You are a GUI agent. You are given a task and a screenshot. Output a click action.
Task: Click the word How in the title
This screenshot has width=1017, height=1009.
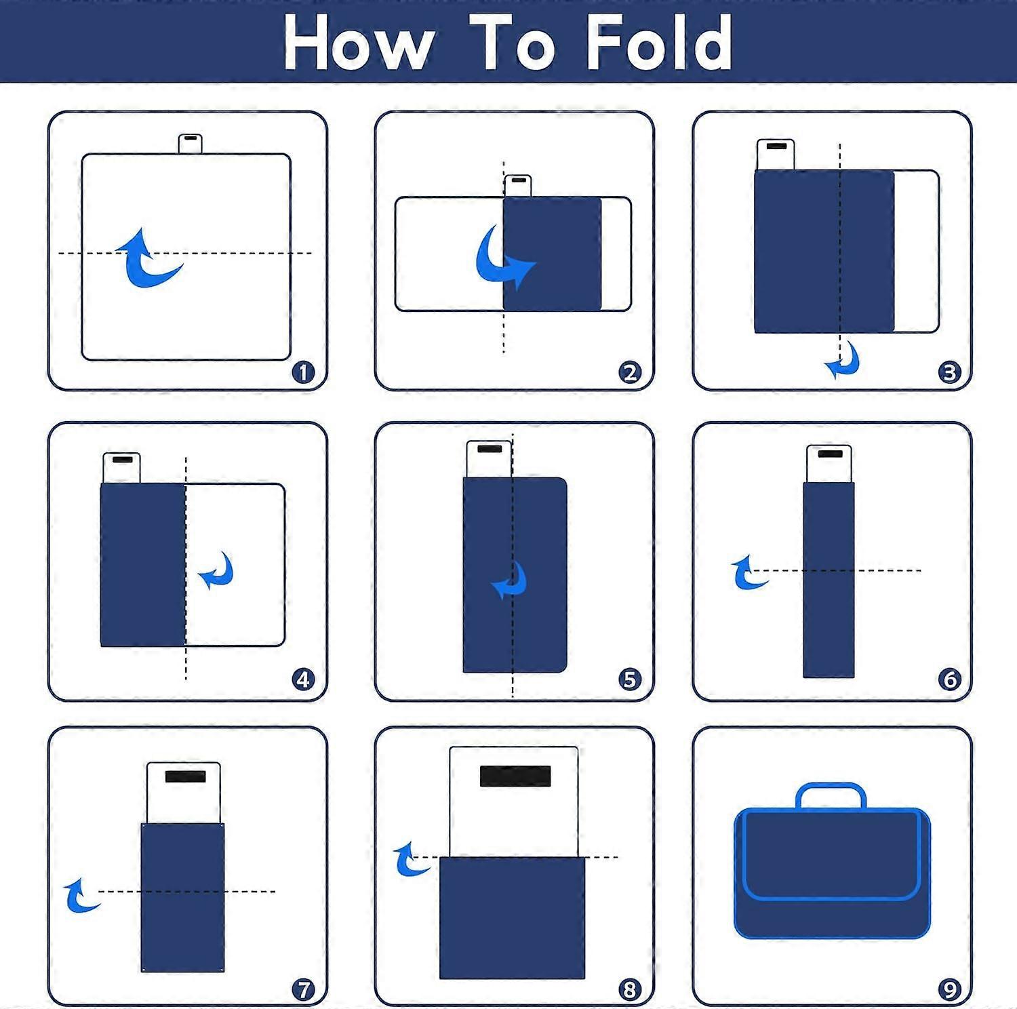coord(359,43)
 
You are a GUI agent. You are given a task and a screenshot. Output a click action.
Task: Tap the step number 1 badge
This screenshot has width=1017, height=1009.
coord(303,372)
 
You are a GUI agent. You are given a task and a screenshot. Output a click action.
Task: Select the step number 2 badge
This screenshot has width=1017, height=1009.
coord(630,372)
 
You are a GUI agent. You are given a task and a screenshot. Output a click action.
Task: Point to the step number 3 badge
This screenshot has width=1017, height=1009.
coord(949,372)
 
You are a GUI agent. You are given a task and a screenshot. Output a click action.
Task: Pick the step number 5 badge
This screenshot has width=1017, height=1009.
coord(630,679)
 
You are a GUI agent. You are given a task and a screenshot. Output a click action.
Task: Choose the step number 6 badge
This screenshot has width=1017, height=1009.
coord(949,679)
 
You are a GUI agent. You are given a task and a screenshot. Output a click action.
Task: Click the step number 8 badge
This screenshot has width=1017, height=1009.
coord(630,989)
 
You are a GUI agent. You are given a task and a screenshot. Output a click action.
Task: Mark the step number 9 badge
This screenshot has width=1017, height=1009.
coord(949,989)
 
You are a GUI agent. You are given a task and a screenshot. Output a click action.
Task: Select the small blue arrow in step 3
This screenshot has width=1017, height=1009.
coord(845,362)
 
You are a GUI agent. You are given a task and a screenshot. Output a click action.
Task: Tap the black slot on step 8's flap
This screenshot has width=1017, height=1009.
coord(515,776)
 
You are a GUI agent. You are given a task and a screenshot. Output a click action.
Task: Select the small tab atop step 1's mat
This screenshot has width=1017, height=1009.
coord(191,144)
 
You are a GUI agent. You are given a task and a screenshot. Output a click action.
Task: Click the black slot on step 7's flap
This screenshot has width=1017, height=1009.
coord(185,776)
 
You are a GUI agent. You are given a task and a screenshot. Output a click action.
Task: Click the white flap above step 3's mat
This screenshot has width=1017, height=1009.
coord(776,155)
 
